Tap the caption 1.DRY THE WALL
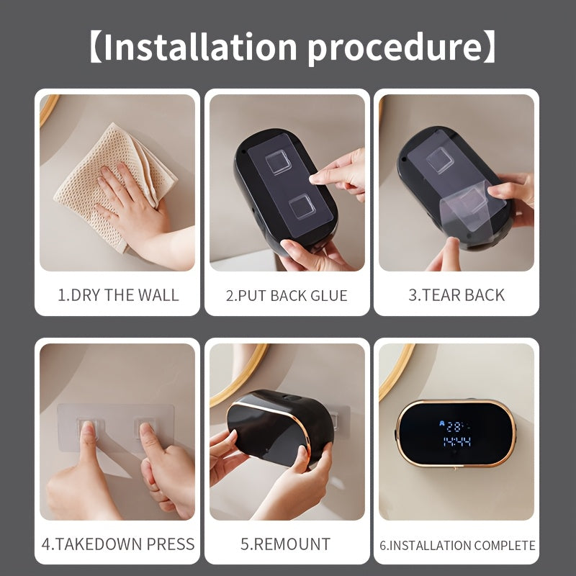click(118, 295)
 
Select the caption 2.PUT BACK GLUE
click(287, 296)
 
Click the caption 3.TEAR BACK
click(456, 295)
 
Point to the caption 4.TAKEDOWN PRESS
click(118, 544)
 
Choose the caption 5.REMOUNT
click(287, 544)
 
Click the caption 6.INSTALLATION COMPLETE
click(457, 545)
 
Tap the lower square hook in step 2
click(302, 210)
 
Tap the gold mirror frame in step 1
click(47, 107)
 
